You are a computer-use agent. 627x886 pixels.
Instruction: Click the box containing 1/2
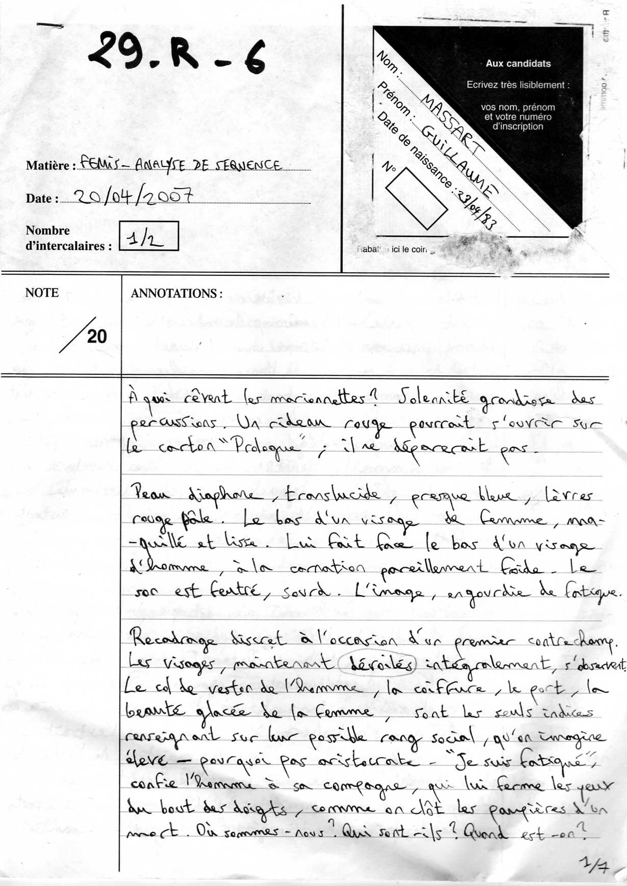148,236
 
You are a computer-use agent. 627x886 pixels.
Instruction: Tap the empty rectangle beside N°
416,198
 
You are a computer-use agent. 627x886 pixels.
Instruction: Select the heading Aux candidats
518,64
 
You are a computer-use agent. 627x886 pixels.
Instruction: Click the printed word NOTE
42,293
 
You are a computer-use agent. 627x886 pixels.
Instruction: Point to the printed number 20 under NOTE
97,337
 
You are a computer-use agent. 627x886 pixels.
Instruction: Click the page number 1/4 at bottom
594,865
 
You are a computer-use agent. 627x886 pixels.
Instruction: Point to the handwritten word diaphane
225,495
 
